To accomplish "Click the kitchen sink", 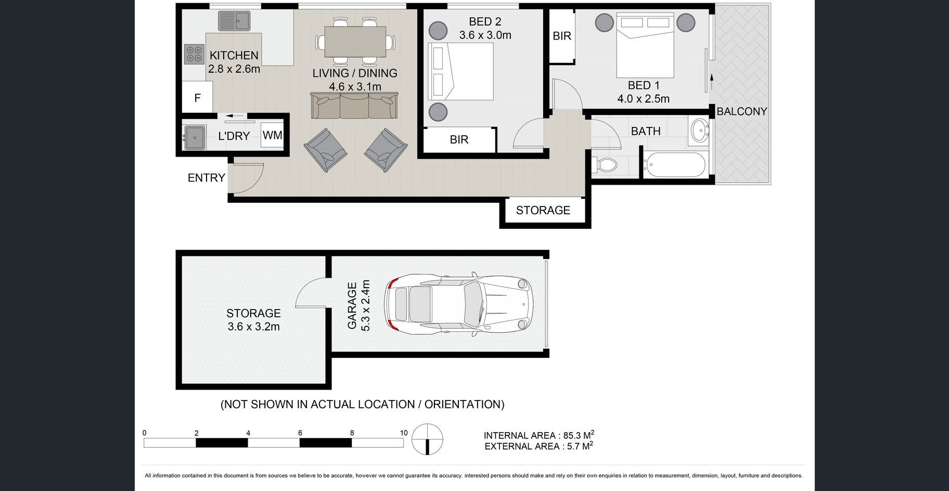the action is (234, 21).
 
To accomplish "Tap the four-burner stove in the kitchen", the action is (194, 54).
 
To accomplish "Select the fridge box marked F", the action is (197, 98).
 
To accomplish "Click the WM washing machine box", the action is (272, 135).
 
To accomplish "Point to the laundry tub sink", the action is (195, 137).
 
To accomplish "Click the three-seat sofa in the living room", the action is (354, 106).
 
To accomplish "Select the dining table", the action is (355, 42).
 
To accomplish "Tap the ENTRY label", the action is (206, 178).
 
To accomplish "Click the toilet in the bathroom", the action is (605, 165).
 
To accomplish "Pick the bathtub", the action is (674, 165).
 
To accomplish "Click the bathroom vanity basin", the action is (699, 131).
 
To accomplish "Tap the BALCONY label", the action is (742, 111).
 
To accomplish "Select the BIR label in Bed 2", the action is (459, 139).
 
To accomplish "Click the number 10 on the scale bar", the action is (404, 433).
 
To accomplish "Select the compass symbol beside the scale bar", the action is (427, 440).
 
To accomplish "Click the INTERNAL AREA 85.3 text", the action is (539, 435).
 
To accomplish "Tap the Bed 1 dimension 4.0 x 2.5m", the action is (644, 99).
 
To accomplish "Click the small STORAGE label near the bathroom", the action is (543, 210).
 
